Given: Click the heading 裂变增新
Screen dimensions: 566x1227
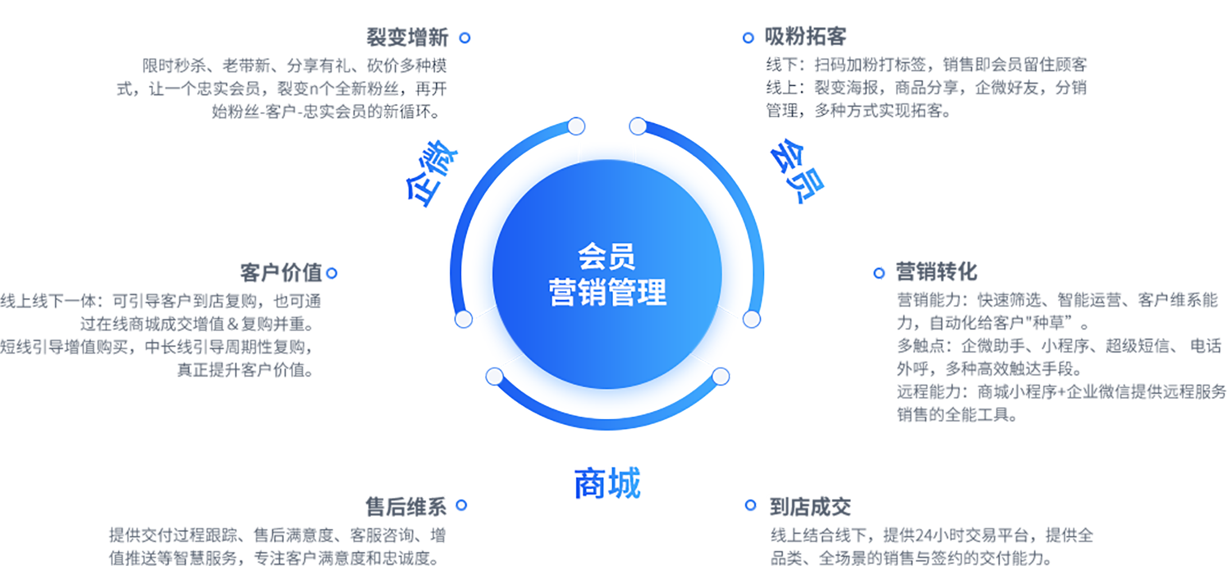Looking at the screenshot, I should coord(407,37).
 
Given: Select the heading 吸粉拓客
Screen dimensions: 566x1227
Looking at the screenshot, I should coord(806,36).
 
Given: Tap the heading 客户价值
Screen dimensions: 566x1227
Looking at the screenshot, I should coord(281,273).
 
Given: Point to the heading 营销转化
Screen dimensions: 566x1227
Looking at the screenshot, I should coord(937,272).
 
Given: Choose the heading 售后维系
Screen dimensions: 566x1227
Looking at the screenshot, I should coord(405,506).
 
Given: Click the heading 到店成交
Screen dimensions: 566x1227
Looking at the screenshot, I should coord(810,506).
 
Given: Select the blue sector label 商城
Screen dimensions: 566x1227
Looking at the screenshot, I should coord(607,483).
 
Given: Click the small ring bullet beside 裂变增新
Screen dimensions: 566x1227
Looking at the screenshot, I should coord(465,38).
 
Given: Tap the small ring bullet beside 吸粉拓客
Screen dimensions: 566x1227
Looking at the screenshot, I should coord(748,38).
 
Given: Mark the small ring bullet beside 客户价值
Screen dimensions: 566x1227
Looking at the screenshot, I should coord(331,273).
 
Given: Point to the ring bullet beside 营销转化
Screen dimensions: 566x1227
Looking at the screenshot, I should coord(879,273).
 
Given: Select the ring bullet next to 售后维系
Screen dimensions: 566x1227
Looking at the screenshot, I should coord(461,505).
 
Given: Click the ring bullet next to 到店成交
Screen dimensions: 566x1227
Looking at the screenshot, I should coord(751,505).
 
